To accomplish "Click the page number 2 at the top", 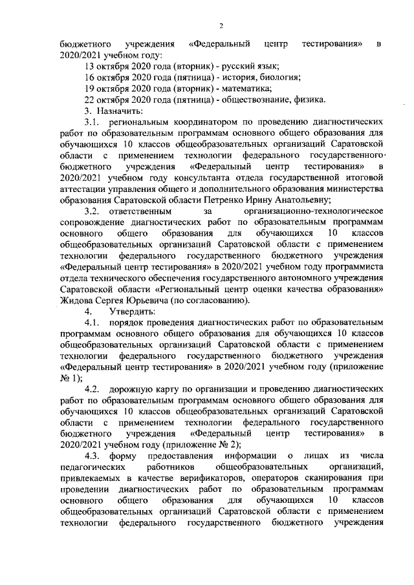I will [220, 26].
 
